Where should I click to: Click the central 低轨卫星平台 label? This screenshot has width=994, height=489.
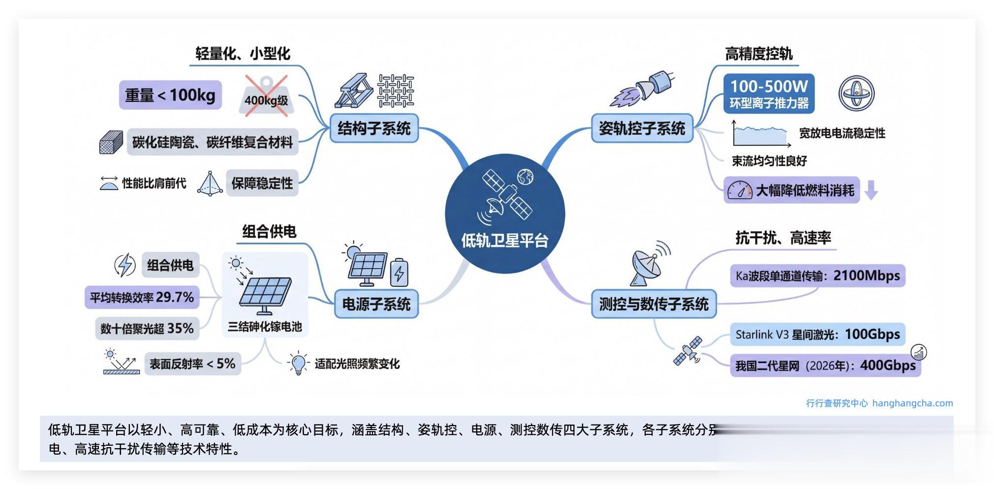pos(504,241)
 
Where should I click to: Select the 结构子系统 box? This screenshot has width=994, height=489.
pos(374,128)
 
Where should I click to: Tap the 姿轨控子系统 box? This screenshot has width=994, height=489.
pos(642,128)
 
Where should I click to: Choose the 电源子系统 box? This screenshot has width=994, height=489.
pos(376,304)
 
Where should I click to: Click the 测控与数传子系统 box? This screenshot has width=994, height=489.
pos(653,304)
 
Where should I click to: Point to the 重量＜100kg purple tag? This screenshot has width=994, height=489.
pos(170,95)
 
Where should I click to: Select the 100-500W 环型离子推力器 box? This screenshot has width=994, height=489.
pos(769,93)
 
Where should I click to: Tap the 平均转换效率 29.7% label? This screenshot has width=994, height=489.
pos(142,298)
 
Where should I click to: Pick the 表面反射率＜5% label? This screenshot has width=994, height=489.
pos(192,364)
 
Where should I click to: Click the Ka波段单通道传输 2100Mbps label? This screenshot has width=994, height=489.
pos(817,276)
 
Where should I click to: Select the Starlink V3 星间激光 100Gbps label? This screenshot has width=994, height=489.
pos(817,335)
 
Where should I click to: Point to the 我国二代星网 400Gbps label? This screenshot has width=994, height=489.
pos(825,366)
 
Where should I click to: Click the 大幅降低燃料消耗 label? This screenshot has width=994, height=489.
pos(804,190)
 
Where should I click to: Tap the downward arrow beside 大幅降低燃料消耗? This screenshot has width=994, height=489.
pos(871,190)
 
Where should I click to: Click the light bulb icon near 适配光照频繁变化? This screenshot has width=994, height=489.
pos(298,363)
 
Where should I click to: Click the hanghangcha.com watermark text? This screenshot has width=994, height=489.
pos(912,403)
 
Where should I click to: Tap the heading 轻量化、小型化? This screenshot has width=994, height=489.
pos(243,54)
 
